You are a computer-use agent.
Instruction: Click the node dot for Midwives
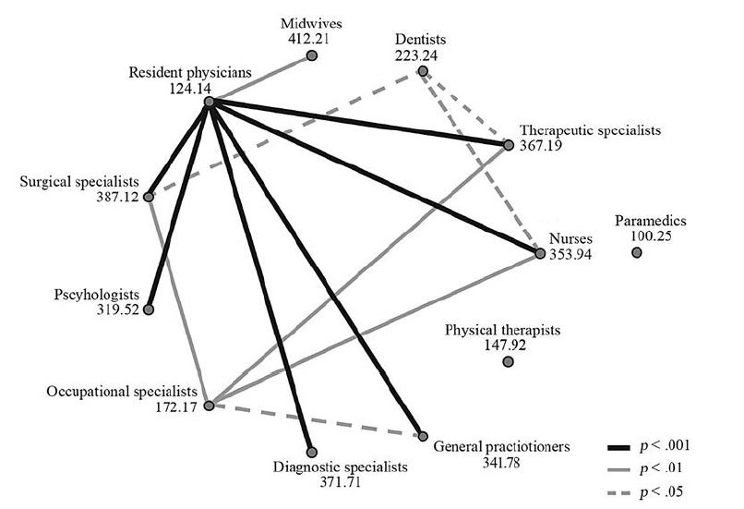[312, 56]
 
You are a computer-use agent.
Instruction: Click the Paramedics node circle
[637, 252]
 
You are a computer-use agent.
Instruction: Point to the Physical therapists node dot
[508, 361]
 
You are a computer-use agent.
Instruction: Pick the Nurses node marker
[539, 251]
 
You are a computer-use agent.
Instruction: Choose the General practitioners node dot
[423, 435]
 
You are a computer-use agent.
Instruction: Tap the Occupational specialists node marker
[210, 406]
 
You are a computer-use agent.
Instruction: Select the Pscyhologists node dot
[149, 309]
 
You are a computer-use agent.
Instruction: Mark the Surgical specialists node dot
[149, 196]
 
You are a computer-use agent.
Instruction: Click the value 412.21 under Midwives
[309, 39]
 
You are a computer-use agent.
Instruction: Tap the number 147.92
[503, 345]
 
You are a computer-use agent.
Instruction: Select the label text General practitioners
[501, 446]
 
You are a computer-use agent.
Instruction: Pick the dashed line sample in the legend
[620, 491]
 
